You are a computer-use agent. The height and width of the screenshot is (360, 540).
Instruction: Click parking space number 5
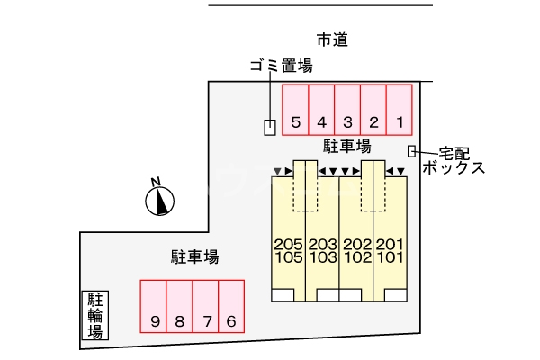tap(296, 109)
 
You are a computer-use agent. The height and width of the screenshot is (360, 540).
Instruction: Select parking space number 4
tap(322, 109)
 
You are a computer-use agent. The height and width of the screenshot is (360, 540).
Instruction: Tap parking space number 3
tap(347, 109)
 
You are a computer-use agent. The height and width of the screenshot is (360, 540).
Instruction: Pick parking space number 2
tap(373, 109)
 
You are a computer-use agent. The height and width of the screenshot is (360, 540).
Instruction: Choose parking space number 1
tap(400, 109)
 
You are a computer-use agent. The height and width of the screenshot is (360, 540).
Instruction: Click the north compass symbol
tap(159, 200)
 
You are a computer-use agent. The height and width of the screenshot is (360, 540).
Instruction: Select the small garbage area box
tap(269, 128)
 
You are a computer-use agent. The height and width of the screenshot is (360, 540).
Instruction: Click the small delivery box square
tap(412, 151)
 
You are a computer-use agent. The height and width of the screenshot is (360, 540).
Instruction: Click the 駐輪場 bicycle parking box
tap(94, 314)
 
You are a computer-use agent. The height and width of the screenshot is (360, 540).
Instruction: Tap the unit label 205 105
tap(288, 250)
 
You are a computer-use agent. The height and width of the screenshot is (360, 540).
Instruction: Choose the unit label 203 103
tap(322, 250)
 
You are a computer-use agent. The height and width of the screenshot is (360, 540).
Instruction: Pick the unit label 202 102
tap(356, 250)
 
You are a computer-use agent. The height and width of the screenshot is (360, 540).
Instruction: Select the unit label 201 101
tap(390, 250)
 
